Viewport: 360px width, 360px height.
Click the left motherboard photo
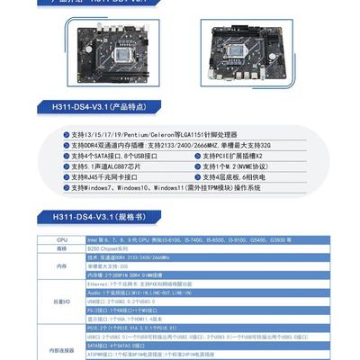point(107,55)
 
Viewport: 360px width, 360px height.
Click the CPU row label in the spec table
point(61,240)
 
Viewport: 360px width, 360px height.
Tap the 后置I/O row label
point(61,300)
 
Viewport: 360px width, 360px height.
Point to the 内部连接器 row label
point(61,349)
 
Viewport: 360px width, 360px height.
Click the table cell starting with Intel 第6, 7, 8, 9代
point(198,240)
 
